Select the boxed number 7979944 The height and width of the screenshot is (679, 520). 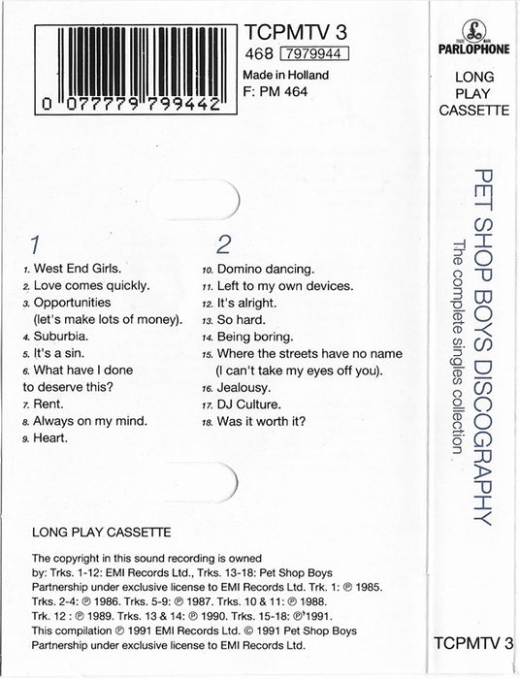[x=313, y=52]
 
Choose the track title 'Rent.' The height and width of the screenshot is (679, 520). [x=49, y=404]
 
